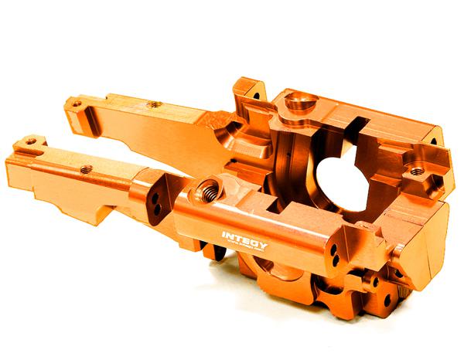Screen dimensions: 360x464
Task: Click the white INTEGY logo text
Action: pyautogui.click(x=245, y=234)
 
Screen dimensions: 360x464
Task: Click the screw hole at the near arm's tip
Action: pyautogui.click(x=30, y=142)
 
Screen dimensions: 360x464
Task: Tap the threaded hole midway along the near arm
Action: pyautogui.click(x=86, y=168)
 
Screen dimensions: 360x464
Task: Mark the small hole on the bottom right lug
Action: pyautogui.click(x=377, y=281)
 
